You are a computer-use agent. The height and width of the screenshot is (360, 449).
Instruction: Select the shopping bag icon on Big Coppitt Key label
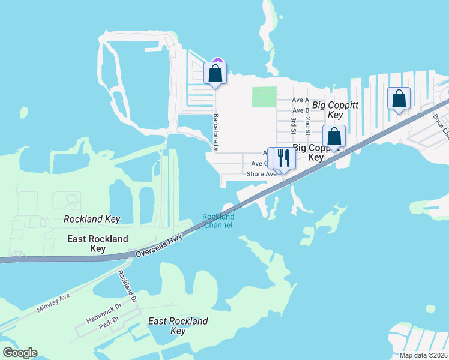point(334,136)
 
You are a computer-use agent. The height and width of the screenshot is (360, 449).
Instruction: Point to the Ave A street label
point(300,100)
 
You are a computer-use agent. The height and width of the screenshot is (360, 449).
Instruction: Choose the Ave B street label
point(300,110)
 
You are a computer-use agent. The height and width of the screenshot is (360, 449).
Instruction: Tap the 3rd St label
point(294,126)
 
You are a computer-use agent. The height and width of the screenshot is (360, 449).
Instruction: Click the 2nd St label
point(308,126)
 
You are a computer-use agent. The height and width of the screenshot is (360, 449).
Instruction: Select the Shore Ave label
point(261,174)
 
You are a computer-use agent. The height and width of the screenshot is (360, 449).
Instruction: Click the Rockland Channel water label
point(218,221)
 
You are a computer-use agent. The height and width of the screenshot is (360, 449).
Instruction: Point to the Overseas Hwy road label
point(158,245)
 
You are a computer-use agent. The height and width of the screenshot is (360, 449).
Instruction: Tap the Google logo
point(20,353)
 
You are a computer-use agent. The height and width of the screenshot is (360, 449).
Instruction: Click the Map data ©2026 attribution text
point(423,355)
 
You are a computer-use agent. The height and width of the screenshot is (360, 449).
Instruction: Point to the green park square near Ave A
point(265,97)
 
